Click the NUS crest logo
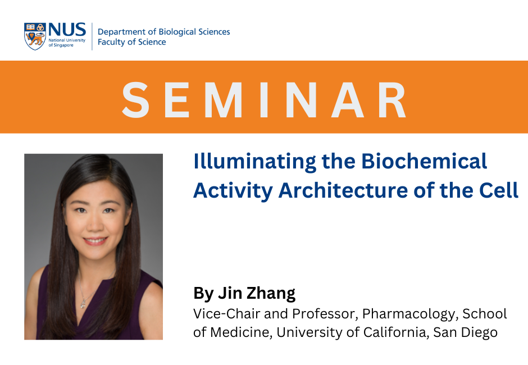34,36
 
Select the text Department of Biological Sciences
163,32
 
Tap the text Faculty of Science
131,42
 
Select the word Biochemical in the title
424,162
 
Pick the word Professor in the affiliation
319,313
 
